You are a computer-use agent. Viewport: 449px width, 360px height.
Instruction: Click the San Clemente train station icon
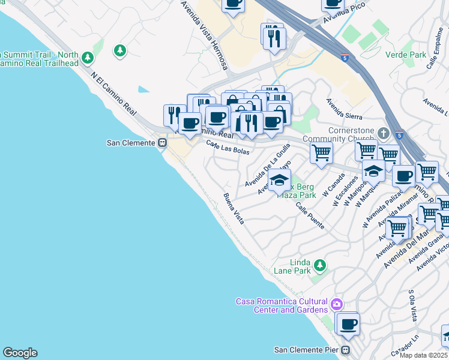point(162,143)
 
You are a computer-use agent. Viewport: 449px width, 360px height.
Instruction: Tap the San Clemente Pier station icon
point(346,350)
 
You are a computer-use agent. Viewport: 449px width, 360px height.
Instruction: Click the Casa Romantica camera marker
point(336,305)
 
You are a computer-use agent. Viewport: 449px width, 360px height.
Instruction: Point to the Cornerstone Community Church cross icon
point(384,132)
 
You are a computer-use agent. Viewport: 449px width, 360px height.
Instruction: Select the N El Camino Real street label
point(113,96)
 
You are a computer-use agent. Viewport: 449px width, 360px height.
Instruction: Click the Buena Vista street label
point(234,209)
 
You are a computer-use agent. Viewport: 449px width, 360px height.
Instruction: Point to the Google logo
point(20,353)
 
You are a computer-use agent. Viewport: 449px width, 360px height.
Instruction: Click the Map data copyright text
point(424,355)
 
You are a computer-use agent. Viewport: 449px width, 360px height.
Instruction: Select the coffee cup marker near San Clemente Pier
point(348,325)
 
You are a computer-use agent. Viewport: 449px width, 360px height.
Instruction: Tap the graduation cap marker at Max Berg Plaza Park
point(279,180)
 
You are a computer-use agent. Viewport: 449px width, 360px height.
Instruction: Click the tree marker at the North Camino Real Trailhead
point(88,58)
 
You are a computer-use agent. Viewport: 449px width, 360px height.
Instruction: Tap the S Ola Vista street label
point(412,306)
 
